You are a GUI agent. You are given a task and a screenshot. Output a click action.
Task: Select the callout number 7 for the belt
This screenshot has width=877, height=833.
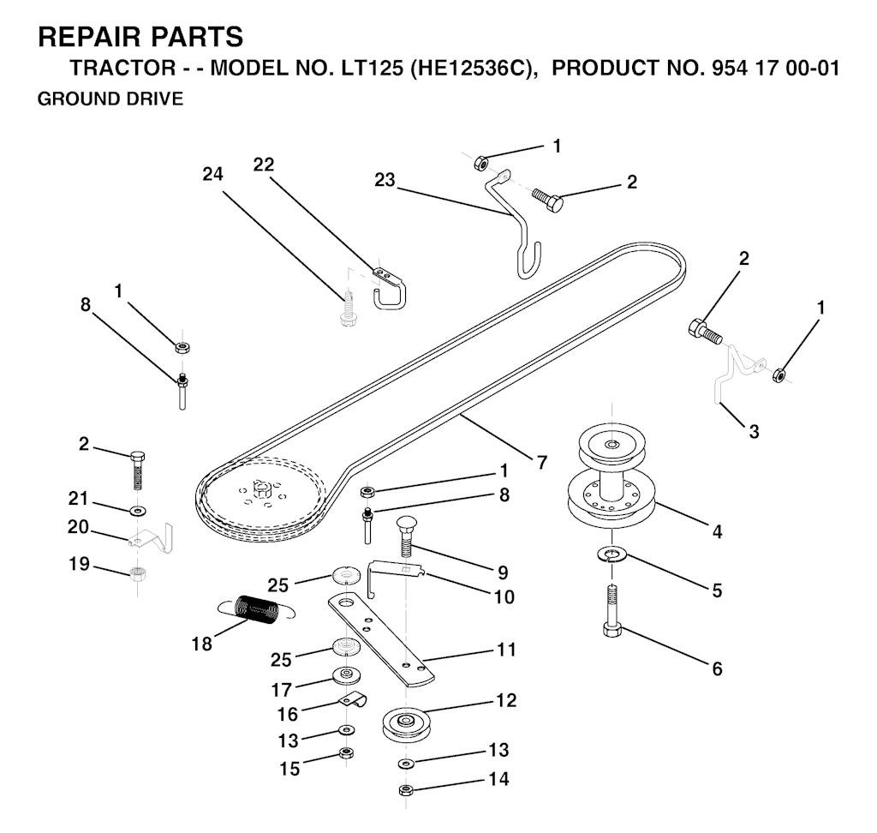541,463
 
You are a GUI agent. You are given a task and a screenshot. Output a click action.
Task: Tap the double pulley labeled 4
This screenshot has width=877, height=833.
612,473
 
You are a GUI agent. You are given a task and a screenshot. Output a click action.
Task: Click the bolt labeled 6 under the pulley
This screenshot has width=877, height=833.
612,611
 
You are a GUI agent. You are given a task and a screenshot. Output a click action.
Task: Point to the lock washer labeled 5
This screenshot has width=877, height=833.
612,554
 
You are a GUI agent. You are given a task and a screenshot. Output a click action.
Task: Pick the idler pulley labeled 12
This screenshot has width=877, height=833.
405,725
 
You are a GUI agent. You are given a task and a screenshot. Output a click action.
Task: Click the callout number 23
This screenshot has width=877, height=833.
385,180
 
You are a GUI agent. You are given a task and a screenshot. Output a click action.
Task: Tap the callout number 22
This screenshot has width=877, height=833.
264,165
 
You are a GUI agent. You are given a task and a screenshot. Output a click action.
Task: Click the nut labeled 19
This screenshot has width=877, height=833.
137,573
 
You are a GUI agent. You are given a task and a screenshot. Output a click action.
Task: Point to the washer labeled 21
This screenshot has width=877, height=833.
137,510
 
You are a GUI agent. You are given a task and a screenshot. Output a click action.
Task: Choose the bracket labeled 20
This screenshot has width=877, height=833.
151,536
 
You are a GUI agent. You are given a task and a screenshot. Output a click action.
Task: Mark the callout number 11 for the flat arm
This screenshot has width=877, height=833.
506,650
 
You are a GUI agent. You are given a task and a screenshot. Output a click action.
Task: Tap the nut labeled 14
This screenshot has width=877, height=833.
406,790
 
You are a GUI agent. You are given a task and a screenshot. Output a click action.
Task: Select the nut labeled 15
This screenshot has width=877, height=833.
346,753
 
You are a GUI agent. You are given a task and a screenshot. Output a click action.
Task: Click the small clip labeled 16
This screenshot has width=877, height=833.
353,700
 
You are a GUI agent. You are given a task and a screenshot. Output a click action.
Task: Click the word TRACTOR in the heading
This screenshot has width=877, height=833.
122,68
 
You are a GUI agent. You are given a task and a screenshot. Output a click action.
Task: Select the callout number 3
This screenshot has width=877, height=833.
754,432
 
